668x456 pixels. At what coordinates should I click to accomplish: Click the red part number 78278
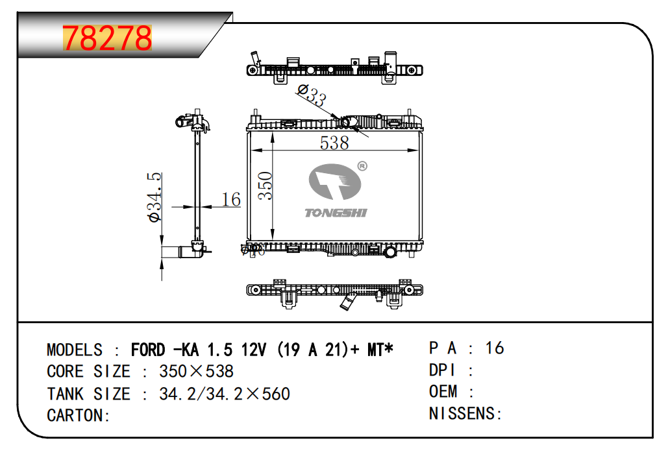(x=107, y=39)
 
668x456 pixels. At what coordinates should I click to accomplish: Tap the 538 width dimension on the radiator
(x=334, y=143)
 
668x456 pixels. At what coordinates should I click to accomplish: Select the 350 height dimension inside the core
(x=264, y=186)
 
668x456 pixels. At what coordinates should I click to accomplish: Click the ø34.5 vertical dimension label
(x=155, y=198)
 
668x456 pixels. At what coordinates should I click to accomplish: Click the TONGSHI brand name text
(x=336, y=213)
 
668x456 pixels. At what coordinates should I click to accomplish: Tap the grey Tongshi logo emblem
(x=335, y=182)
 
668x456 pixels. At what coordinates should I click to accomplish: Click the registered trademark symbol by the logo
(x=362, y=166)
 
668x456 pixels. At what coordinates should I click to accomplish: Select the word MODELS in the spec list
(x=75, y=350)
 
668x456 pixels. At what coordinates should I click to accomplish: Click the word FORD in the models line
(x=148, y=350)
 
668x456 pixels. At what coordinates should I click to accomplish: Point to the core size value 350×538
(x=196, y=372)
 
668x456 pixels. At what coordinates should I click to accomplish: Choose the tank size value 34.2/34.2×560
(x=224, y=394)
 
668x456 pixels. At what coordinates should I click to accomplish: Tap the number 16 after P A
(x=494, y=348)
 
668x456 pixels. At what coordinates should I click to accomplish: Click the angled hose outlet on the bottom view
(x=350, y=302)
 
